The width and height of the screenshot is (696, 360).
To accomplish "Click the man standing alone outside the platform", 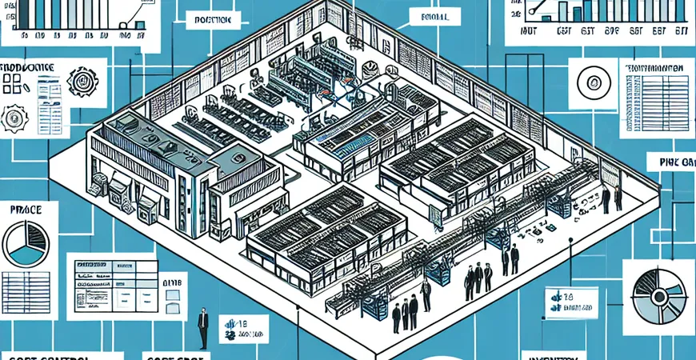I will (203, 329).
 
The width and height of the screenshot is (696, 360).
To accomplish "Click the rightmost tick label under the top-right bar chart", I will (681, 34).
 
